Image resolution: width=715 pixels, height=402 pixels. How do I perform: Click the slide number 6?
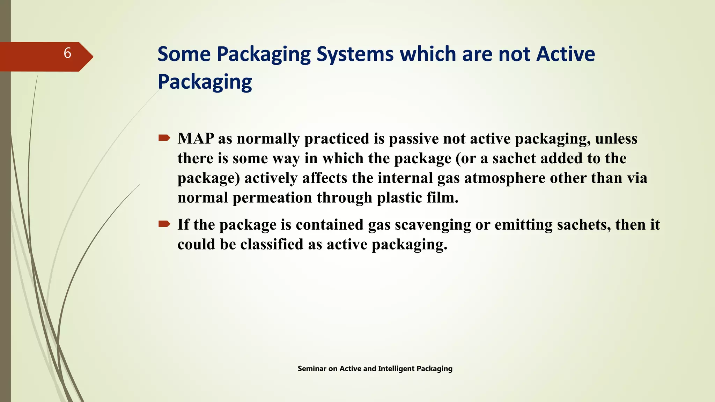(x=67, y=53)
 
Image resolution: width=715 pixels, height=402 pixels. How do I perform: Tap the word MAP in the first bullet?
(x=196, y=139)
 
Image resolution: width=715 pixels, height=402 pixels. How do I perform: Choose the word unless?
(x=616, y=139)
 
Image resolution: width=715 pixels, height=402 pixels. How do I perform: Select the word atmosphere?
(x=505, y=178)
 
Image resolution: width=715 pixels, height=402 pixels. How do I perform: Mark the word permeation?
(x=272, y=198)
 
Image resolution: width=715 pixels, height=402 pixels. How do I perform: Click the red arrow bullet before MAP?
(x=164, y=138)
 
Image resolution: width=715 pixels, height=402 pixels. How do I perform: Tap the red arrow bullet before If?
(x=164, y=224)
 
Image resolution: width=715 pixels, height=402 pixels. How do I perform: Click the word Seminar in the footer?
(x=312, y=368)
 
